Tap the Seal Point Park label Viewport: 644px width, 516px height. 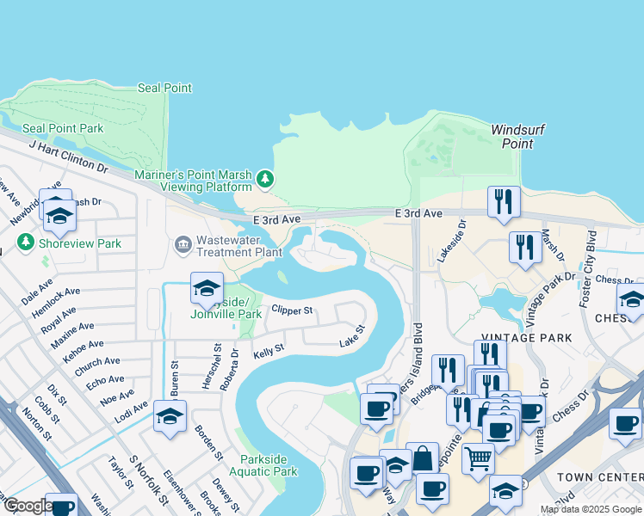63,129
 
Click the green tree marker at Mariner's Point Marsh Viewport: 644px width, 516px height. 266,179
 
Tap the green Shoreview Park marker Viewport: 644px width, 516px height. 25,243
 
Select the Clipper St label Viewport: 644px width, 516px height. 291,310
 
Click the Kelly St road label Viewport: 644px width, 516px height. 268,352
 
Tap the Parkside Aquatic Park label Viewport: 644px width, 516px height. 269,465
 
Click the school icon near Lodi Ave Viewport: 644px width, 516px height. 170,417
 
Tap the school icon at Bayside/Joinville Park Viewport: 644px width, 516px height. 207,289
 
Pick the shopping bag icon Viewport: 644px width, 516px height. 423,458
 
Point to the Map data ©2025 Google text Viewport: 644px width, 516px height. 590,509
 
